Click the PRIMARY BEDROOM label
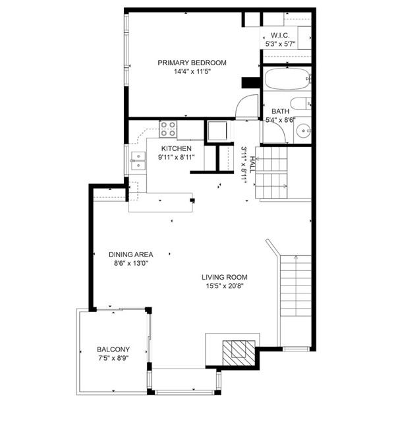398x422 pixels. tap(192, 63)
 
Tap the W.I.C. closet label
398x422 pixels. tap(280, 35)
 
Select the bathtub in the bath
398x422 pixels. tap(287, 78)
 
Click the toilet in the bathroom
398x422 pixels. tap(300, 104)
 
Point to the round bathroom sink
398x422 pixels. tap(304, 131)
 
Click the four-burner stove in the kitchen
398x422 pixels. tap(168, 129)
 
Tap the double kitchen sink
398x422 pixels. tap(138, 161)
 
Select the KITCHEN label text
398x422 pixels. tap(177, 148)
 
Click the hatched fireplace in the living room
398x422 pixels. tap(239, 353)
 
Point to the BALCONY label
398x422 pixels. tap(113, 349)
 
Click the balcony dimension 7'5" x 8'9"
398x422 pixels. tap(113, 358)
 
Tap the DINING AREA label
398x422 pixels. tap(131, 255)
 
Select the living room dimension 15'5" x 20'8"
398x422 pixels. tap(225, 286)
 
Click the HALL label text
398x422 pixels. tap(252, 165)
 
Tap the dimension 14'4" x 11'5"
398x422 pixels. tap(192, 72)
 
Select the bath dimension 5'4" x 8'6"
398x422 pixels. tap(281, 120)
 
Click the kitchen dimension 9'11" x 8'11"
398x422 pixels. tap(177, 158)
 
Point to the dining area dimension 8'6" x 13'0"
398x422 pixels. tap(131, 263)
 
